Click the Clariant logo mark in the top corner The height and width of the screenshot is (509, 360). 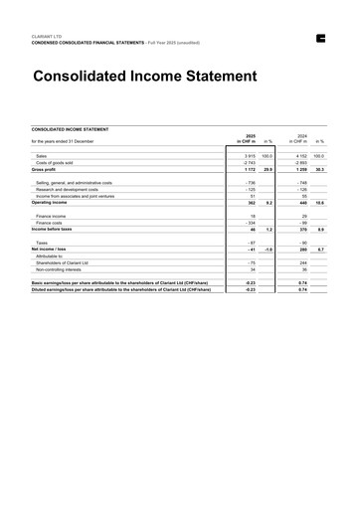click(320, 39)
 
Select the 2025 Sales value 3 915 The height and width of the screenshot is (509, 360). click(249, 157)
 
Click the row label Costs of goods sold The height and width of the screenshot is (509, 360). click(58, 163)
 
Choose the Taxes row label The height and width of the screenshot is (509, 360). click(43, 242)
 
